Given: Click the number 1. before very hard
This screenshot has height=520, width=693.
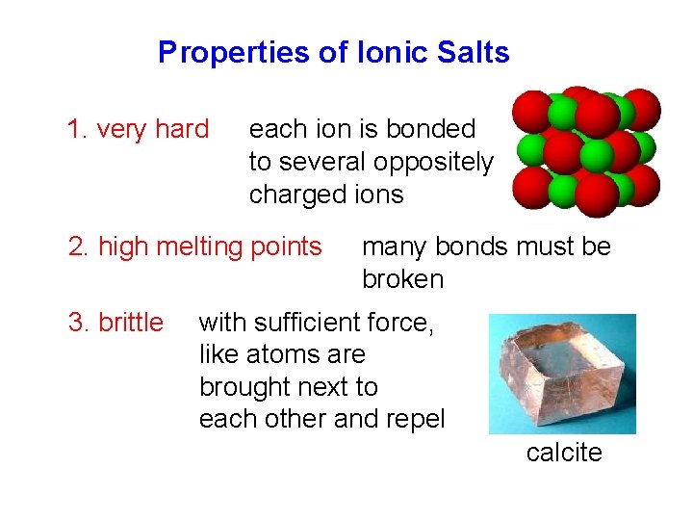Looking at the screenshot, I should tap(78, 129).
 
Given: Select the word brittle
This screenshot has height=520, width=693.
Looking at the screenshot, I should tap(131, 323).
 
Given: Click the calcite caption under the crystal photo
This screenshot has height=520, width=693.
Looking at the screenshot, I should tap(563, 453).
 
